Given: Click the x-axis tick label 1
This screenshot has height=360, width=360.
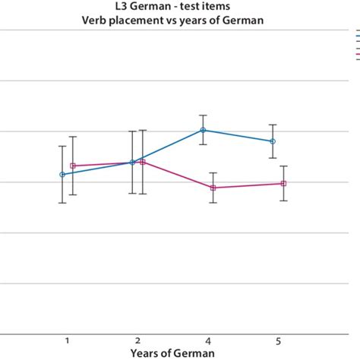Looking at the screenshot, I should point(68,339).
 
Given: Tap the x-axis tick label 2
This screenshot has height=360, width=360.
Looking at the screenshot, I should point(137,339).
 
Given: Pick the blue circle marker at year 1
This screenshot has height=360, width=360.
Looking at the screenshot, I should point(62,175).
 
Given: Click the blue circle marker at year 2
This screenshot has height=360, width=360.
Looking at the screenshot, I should point(132,162).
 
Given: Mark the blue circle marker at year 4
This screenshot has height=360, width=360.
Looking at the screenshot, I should point(203,130).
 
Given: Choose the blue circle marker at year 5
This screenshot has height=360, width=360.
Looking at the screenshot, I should point(273,141).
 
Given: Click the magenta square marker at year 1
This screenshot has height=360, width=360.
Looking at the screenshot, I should point(73,166).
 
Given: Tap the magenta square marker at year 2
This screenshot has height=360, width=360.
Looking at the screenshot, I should point(143,162).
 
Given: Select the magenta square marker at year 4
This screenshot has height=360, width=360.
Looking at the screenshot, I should point(213,188).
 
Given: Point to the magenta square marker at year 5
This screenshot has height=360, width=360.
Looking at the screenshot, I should point(283,183).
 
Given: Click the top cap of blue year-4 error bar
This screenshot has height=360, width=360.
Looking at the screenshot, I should point(203,115).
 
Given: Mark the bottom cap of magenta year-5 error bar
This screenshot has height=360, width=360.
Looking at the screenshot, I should point(283,201).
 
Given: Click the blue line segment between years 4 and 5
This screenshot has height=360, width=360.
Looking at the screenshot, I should point(238,135).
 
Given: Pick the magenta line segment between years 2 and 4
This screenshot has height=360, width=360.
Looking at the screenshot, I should point(178,175).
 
